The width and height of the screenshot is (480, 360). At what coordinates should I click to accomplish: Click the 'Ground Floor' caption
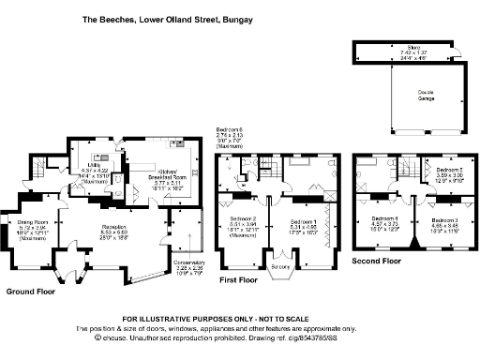click(x=29, y=292)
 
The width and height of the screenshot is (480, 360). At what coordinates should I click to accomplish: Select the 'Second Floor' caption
click(x=377, y=260)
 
